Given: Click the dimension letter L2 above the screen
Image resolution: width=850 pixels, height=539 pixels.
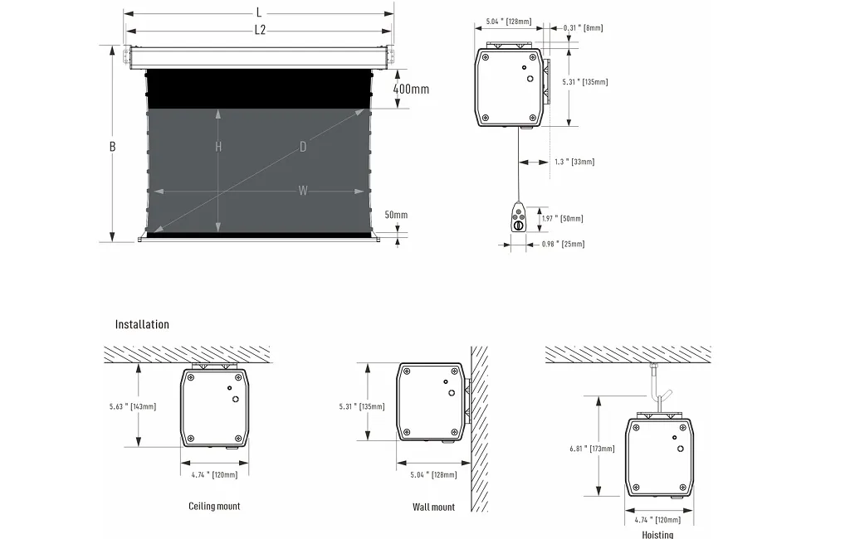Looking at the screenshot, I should [x=260, y=31].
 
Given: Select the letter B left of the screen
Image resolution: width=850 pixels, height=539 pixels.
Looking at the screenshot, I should [x=112, y=146].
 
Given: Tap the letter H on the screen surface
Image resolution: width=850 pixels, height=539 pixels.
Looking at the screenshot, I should [x=218, y=147].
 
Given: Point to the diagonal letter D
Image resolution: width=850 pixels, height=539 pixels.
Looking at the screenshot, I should [x=303, y=147].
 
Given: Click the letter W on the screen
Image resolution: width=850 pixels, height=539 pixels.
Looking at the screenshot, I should [x=303, y=191].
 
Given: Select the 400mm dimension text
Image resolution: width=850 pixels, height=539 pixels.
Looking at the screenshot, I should [x=411, y=89].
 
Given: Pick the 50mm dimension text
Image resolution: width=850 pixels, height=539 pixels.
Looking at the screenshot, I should [x=396, y=215].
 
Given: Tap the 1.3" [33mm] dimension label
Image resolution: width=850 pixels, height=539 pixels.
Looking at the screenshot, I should [x=574, y=162].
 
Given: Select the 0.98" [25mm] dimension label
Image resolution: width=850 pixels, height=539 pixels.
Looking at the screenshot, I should [x=563, y=244].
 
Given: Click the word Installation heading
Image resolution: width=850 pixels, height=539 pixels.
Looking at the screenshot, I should [x=142, y=324].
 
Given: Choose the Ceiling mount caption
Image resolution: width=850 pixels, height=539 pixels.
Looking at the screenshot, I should [x=214, y=506].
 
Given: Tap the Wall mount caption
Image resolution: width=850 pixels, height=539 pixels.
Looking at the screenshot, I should [x=433, y=507].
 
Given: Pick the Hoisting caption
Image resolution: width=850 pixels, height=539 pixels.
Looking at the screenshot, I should [x=657, y=534].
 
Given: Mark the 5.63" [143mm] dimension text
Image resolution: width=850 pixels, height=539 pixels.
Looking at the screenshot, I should [x=133, y=406].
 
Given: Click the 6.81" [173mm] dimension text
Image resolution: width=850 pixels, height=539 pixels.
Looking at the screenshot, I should [x=592, y=448].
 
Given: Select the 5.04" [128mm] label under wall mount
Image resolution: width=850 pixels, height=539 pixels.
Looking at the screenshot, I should [x=433, y=475].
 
